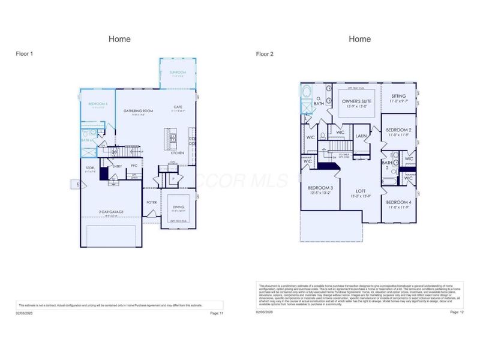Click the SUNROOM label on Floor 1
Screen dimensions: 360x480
[x=178, y=73]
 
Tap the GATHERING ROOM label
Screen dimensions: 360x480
[x=139, y=111]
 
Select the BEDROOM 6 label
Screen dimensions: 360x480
[x=97, y=104]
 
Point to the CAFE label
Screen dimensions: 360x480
[x=178, y=107]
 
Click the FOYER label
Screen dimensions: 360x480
[x=152, y=202]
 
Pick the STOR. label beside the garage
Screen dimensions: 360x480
[x=90, y=167]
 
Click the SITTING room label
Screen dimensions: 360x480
[x=398, y=96]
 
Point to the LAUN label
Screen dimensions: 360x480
[x=361, y=136]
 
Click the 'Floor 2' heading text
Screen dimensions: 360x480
[x=265, y=54]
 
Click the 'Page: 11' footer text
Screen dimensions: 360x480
[x=217, y=313]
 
